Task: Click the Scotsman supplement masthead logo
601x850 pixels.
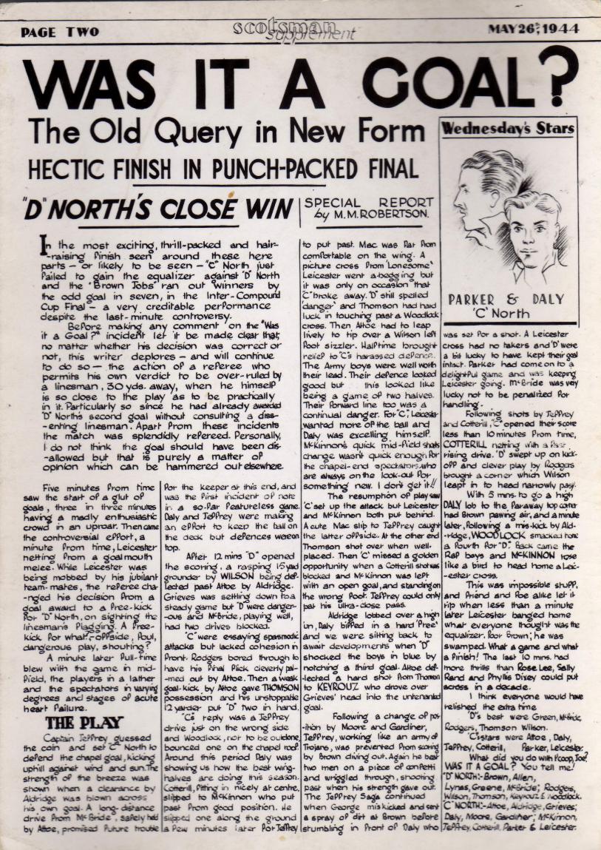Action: tap(294, 30)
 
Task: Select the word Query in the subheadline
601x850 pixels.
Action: tap(200, 133)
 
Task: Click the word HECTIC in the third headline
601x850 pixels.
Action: tap(64, 168)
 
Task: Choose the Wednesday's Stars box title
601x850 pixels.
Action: tap(507, 128)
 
